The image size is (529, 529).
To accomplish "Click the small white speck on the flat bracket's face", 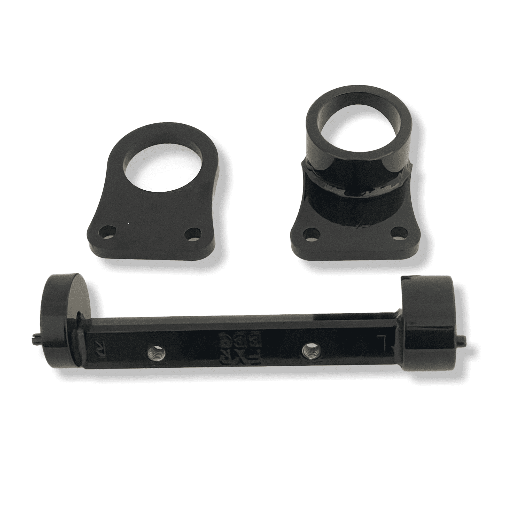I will point(142,194).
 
